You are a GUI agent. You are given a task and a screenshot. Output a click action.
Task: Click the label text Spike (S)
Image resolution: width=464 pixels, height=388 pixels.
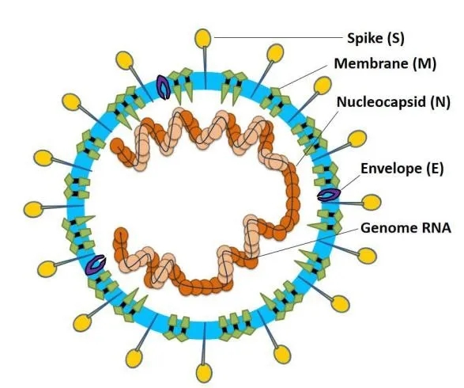click(375, 39)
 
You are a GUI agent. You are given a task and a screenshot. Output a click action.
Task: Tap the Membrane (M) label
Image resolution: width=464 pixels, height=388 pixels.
click(385, 63)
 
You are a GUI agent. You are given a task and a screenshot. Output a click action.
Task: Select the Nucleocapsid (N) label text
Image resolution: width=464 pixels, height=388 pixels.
click(394, 102)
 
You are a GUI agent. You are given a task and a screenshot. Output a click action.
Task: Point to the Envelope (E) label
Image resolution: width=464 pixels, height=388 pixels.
click(402, 169)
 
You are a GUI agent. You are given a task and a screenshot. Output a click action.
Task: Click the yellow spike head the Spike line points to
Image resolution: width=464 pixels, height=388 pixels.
click(203, 39)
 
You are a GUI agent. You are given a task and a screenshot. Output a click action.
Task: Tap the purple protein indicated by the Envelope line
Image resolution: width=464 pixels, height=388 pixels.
click(329, 196)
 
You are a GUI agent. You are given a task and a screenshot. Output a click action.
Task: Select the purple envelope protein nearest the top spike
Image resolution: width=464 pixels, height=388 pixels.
click(164, 87)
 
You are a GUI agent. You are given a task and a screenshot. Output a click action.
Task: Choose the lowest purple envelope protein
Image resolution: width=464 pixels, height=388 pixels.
click(96, 264)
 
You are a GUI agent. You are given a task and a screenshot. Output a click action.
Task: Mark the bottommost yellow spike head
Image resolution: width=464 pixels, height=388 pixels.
click(204, 373)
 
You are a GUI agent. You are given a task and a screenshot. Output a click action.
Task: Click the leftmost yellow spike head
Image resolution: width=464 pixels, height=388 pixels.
click(33, 209)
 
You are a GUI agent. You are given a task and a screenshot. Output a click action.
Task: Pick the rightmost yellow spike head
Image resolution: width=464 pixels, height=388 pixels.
click(372, 203)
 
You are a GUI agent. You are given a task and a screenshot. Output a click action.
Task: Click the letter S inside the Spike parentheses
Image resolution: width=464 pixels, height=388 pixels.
click(395, 39)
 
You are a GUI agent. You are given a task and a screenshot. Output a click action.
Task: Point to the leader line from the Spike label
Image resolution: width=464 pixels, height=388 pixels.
click(278, 38)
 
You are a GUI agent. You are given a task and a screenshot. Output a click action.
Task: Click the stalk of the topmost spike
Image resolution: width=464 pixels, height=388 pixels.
click(205, 68)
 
